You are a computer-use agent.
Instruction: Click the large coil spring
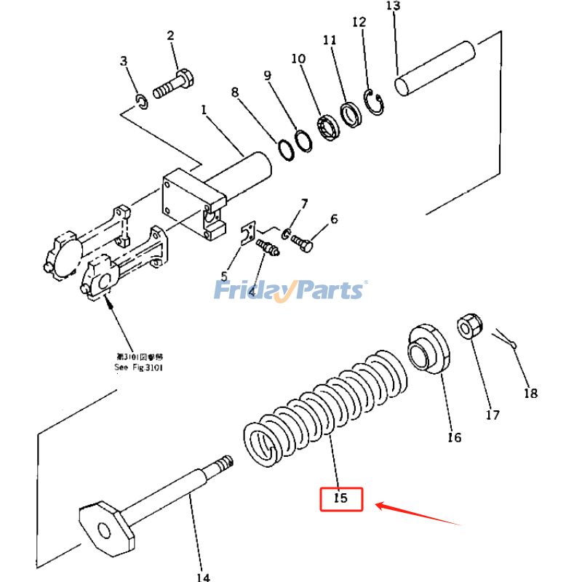(x=324, y=404)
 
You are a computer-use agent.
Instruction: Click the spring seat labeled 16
(x=429, y=348)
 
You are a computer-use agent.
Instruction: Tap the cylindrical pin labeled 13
(x=435, y=69)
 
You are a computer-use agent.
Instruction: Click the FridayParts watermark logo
(x=289, y=290)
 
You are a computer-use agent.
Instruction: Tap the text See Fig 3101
(x=139, y=364)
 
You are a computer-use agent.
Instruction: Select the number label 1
(x=204, y=111)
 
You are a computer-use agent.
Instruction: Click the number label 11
(x=330, y=41)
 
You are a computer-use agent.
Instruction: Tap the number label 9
(x=267, y=75)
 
